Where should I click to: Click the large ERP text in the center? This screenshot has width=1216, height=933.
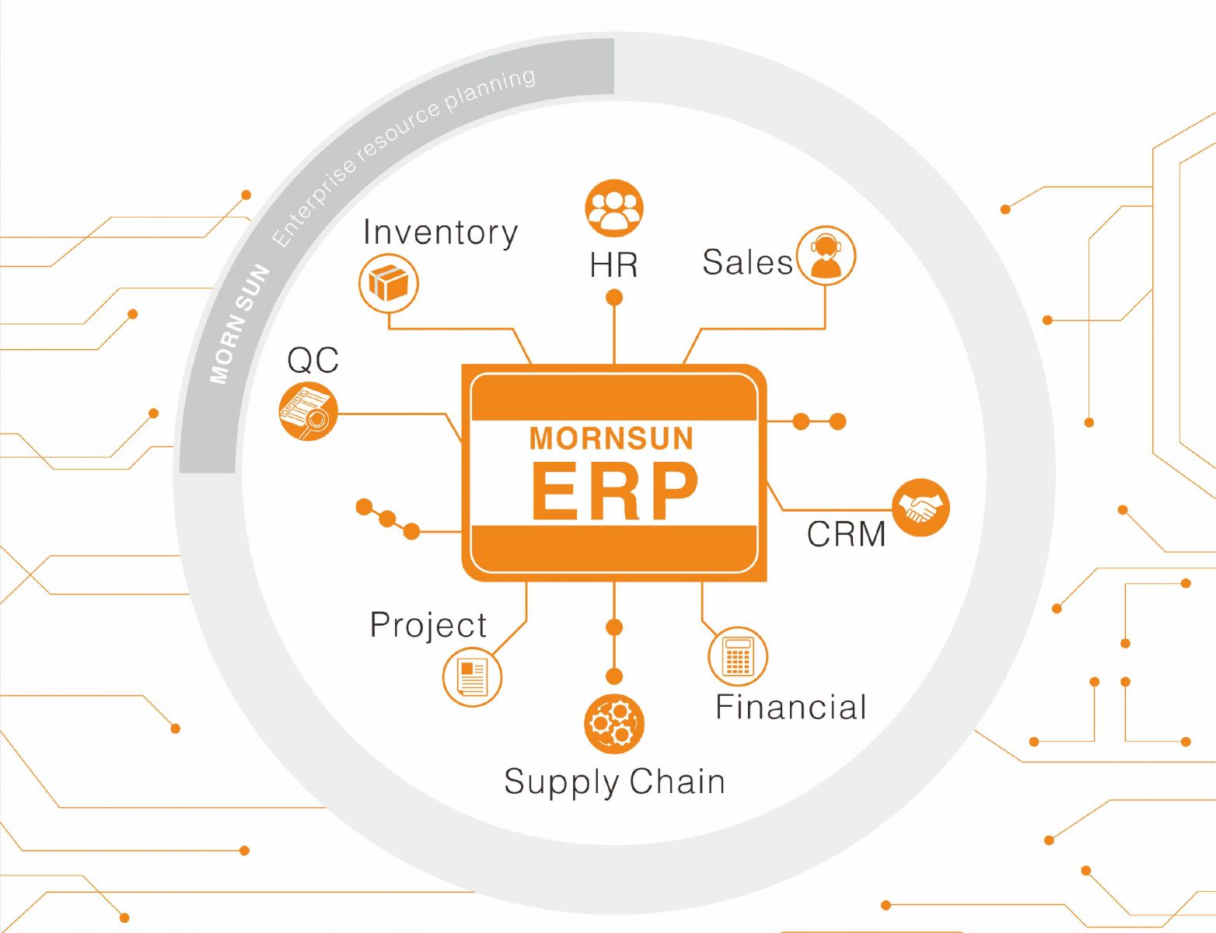tap(613, 491)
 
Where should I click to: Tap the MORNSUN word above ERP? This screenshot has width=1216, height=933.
tap(611, 439)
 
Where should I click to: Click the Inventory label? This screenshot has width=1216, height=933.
tap(440, 232)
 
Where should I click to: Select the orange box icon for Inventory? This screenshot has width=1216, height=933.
tap(389, 283)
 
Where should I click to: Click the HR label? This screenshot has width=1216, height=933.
tap(613, 265)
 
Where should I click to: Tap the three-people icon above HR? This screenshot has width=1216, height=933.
tap(613, 208)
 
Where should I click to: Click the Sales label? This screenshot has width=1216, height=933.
tap(746, 262)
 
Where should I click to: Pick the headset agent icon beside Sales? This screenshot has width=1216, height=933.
tap(825, 256)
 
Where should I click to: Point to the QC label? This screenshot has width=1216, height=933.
tap(313, 360)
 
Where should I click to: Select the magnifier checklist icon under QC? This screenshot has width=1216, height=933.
tap(308, 411)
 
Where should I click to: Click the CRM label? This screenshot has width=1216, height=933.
tap(846, 534)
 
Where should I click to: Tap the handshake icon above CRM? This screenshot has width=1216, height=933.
tap(921, 508)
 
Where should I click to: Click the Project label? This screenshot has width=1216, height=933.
tap(428, 624)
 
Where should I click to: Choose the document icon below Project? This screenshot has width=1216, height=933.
tap(472, 676)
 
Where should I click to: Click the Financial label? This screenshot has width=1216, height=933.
tap(790, 707)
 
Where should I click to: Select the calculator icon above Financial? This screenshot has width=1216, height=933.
tap(737, 655)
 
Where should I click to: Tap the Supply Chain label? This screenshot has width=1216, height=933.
tap(614, 781)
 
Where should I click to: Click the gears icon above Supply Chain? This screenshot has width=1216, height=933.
tap(613, 723)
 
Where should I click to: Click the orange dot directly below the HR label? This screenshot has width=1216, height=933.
tap(614, 297)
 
